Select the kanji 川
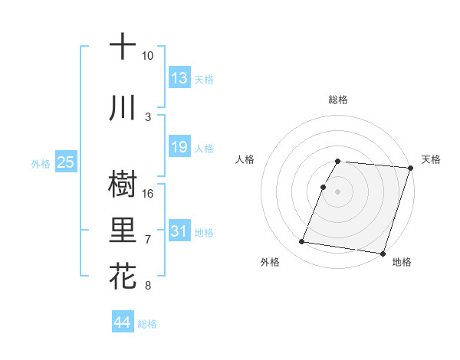click(x=123, y=109)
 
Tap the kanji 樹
click(x=123, y=185)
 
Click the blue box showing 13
click(x=179, y=77)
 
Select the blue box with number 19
click(x=179, y=147)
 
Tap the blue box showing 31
click(x=179, y=231)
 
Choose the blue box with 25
click(x=65, y=162)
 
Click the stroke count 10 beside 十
click(x=148, y=56)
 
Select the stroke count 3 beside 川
click(x=148, y=116)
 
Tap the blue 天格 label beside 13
click(x=203, y=79)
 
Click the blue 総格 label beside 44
click(x=147, y=324)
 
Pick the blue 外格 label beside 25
click(x=40, y=163)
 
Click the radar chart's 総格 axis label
click(x=338, y=100)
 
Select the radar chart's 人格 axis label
click(x=245, y=159)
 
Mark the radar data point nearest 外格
click(x=302, y=242)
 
